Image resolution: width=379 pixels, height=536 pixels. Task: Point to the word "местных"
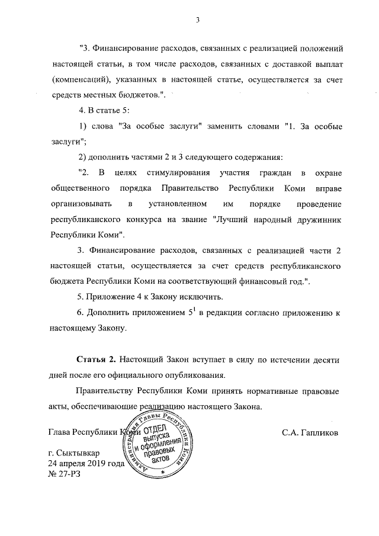point(124,95)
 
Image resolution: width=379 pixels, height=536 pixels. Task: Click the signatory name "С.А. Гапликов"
point(310,432)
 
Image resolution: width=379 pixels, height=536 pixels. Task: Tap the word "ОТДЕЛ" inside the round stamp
point(157,428)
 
